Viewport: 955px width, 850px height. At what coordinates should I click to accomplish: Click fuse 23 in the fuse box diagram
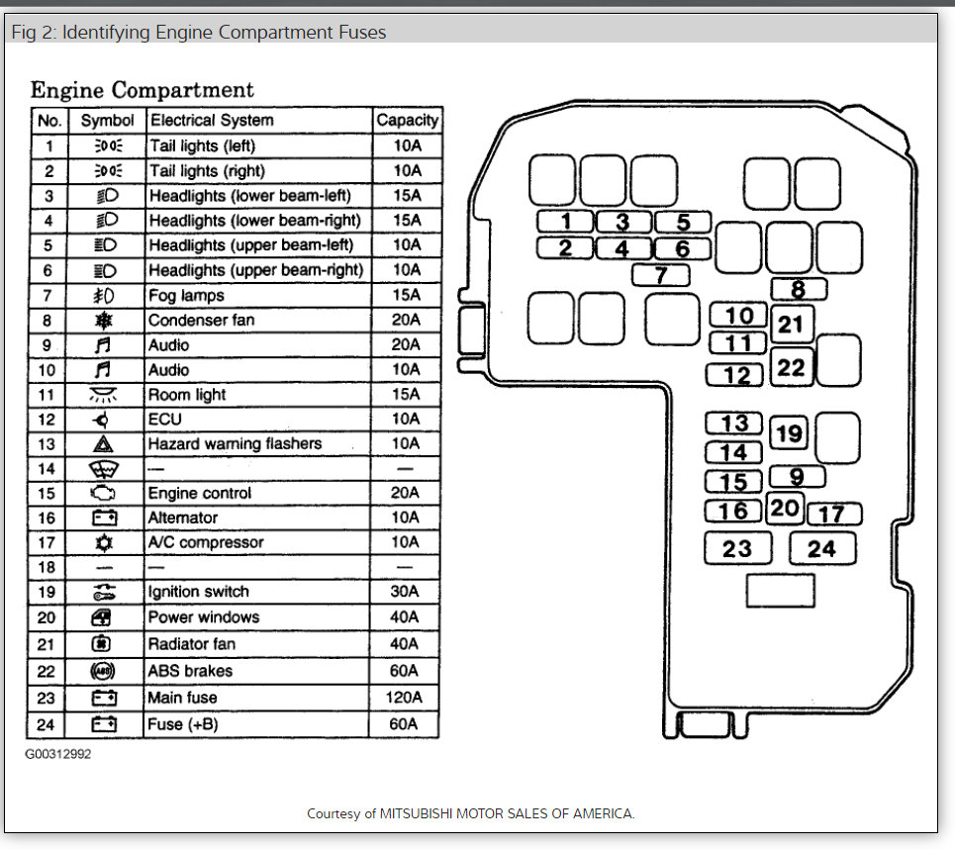[737, 548]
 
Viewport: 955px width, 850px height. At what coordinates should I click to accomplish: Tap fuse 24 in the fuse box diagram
[821, 548]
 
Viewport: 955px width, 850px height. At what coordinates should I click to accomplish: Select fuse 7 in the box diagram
[661, 276]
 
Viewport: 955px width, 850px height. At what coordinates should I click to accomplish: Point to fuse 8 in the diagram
[799, 290]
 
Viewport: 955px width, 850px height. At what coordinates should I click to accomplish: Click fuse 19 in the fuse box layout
[789, 433]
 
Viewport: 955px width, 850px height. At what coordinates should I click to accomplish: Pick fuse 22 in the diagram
[792, 367]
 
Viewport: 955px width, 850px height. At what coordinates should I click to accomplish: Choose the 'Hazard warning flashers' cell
[235, 443]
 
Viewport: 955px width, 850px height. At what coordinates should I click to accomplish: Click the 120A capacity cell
[406, 698]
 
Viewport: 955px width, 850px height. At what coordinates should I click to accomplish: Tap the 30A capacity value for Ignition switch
[406, 592]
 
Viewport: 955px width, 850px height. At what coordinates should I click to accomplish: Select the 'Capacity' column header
[407, 120]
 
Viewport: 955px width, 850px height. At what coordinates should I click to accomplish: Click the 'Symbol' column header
[107, 120]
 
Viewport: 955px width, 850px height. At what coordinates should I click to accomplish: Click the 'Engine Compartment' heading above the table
[142, 90]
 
